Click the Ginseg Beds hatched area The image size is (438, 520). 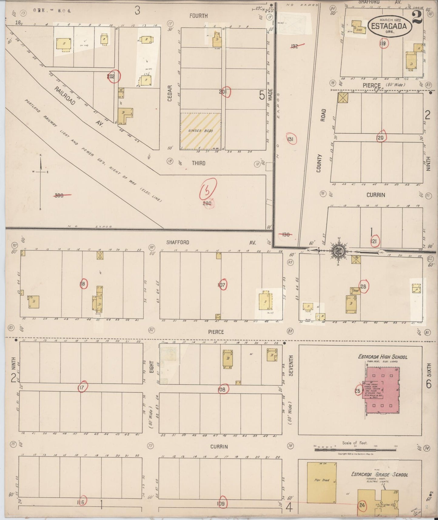[x=200, y=131]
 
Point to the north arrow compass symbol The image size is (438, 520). [x=41, y=171]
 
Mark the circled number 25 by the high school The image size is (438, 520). [x=358, y=391]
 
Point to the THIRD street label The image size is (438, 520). [x=199, y=163]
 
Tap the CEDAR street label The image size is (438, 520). [x=170, y=93]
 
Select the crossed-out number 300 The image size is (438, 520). [x=59, y=195]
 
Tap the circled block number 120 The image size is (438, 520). [x=380, y=137]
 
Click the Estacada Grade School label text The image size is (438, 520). [x=379, y=474]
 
